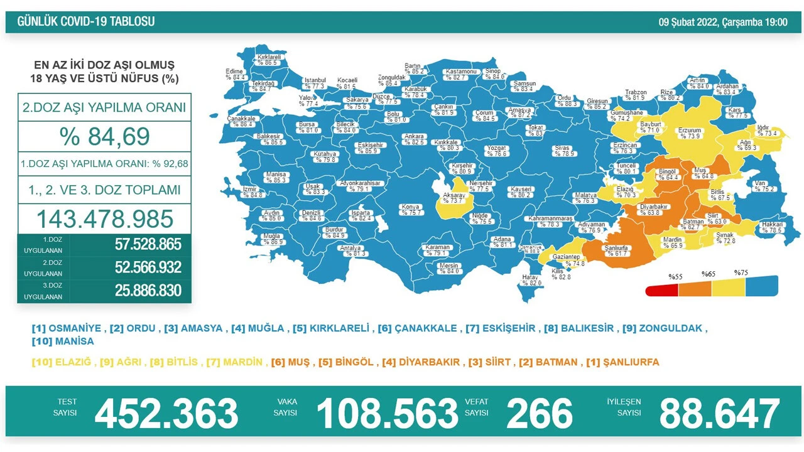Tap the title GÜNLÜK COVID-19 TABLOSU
coord(86,22)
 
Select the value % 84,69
coord(104,136)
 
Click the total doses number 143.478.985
coord(104,218)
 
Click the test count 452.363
coord(166,414)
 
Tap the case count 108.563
coord(387,414)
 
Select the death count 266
coord(540,414)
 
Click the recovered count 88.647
coord(719,414)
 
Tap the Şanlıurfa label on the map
coord(616,250)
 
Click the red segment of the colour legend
coord(662,289)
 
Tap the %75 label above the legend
coord(741,273)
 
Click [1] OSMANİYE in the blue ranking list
coord(66,328)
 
